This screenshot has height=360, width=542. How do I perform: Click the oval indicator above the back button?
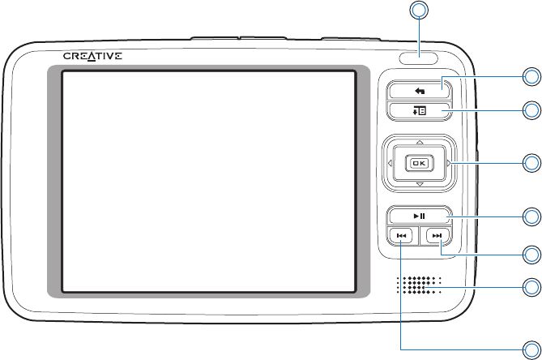click(x=419, y=58)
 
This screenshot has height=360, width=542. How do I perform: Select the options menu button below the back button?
click(x=418, y=110)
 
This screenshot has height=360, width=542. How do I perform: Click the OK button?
click(x=418, y=163)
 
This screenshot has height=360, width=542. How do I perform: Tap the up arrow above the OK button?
click(x=418, y=140)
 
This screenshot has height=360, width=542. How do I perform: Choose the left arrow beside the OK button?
click(x=390, y=163)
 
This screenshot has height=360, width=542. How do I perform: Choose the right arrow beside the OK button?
click(x=446, y=163)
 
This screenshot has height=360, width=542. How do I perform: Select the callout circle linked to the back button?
click(x=531, y=77)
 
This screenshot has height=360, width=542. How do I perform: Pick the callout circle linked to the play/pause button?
click(x=531, y=216)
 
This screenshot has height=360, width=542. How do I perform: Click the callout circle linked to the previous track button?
click(x=531, y=346)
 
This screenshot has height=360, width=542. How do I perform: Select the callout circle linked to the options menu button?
click(x=531, y=110)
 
